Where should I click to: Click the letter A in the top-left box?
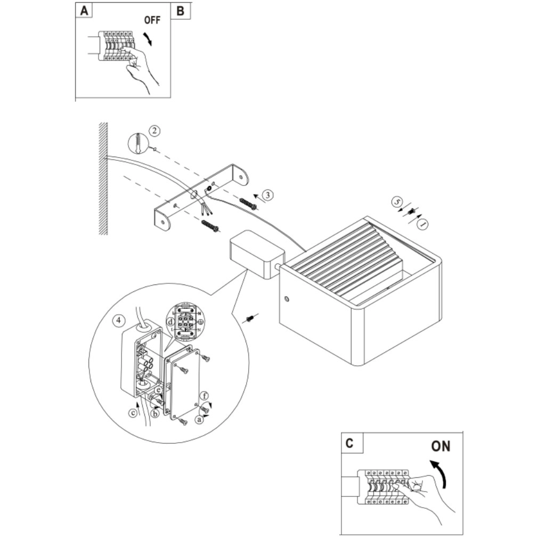[84, 11]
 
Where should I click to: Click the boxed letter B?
[181, 11]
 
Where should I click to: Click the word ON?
[441, 446]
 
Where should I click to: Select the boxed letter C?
[349, 443]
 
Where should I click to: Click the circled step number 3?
[268, 195]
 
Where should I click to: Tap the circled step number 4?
[119, 321]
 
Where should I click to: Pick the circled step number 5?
[395, 202]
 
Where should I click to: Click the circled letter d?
[170, 322]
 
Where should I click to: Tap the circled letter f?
[205, 396]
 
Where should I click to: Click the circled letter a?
[199, 420]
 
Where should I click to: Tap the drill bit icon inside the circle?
[138, 142]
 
